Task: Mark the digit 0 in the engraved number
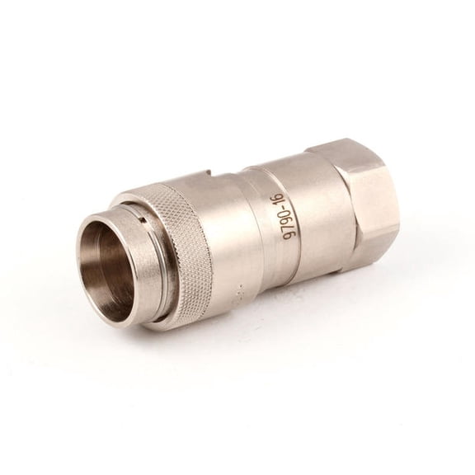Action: point(289,219)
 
